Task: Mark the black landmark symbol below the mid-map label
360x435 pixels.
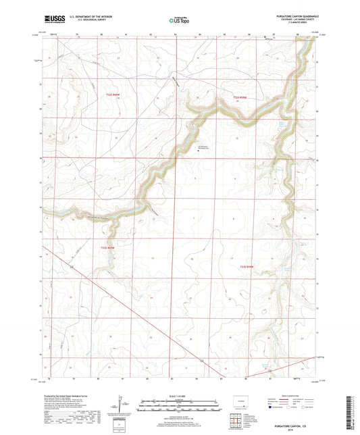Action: click(199, 151)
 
